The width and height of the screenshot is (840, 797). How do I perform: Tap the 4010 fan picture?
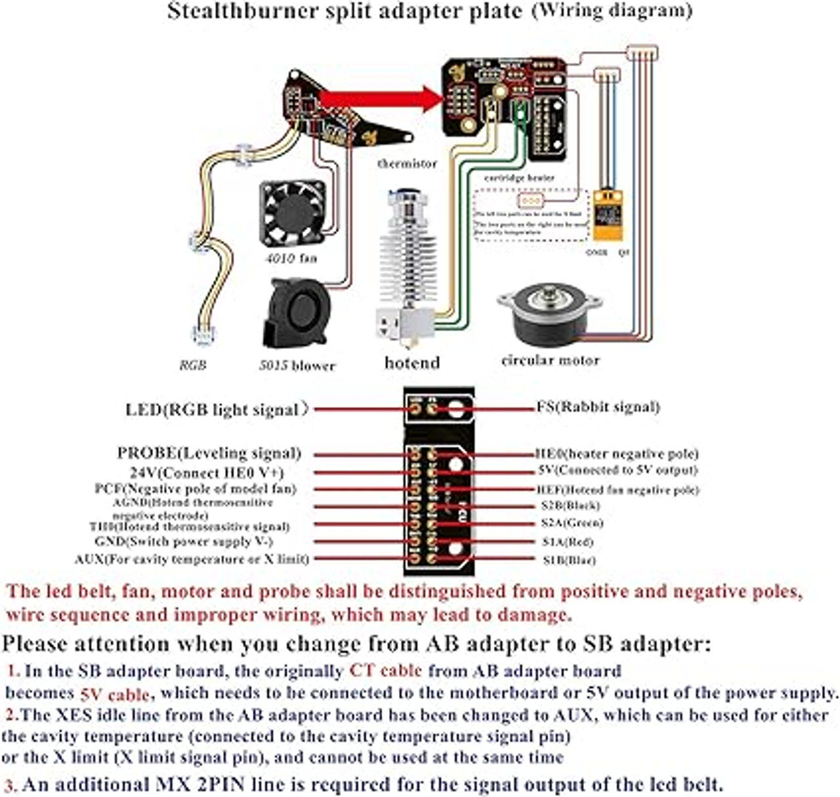coord(293,213)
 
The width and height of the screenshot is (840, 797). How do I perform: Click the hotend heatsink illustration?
coord(407,263)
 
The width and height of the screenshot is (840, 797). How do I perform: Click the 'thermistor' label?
coord(407,163)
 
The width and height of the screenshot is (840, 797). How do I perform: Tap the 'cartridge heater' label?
coord(519,178)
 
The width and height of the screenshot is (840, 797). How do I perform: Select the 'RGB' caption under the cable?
coord(193,365)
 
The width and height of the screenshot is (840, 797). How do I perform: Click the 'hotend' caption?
coord(412,363)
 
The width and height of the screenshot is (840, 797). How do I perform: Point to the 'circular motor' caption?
coord(550,360)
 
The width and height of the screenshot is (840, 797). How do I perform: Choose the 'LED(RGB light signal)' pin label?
coord(217,410)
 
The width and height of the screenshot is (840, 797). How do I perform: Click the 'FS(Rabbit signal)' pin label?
coord(598,407)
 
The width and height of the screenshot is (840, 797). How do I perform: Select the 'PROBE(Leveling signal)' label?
coord(209,453)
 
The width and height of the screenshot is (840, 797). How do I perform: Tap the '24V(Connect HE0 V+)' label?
coord(207,473)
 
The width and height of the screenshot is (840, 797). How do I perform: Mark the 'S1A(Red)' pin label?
coord(568,542)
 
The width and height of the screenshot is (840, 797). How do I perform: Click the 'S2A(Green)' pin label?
coord(572,523)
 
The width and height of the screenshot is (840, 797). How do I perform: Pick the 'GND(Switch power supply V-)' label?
coord(184,542)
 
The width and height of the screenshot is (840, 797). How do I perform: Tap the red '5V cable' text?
coord(116,695)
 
